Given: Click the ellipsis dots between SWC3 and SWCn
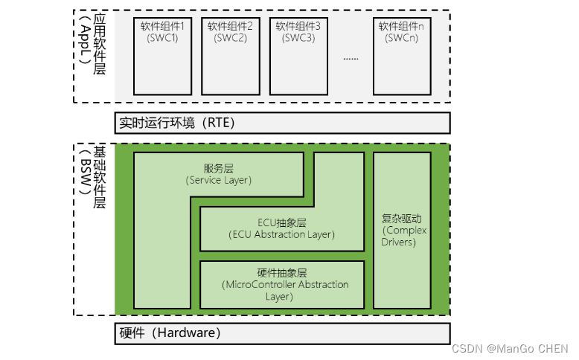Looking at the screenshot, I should coord(351,57).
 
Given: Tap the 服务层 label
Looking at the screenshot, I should coord(218,169).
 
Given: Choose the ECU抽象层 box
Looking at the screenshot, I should coord(282,229).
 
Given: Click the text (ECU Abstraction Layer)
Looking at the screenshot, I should coord(282,235).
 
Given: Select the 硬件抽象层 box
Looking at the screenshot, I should coord(282,284).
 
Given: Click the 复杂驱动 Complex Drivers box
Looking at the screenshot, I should coord(402,231).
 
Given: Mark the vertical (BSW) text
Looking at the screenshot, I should coord(86,173).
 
